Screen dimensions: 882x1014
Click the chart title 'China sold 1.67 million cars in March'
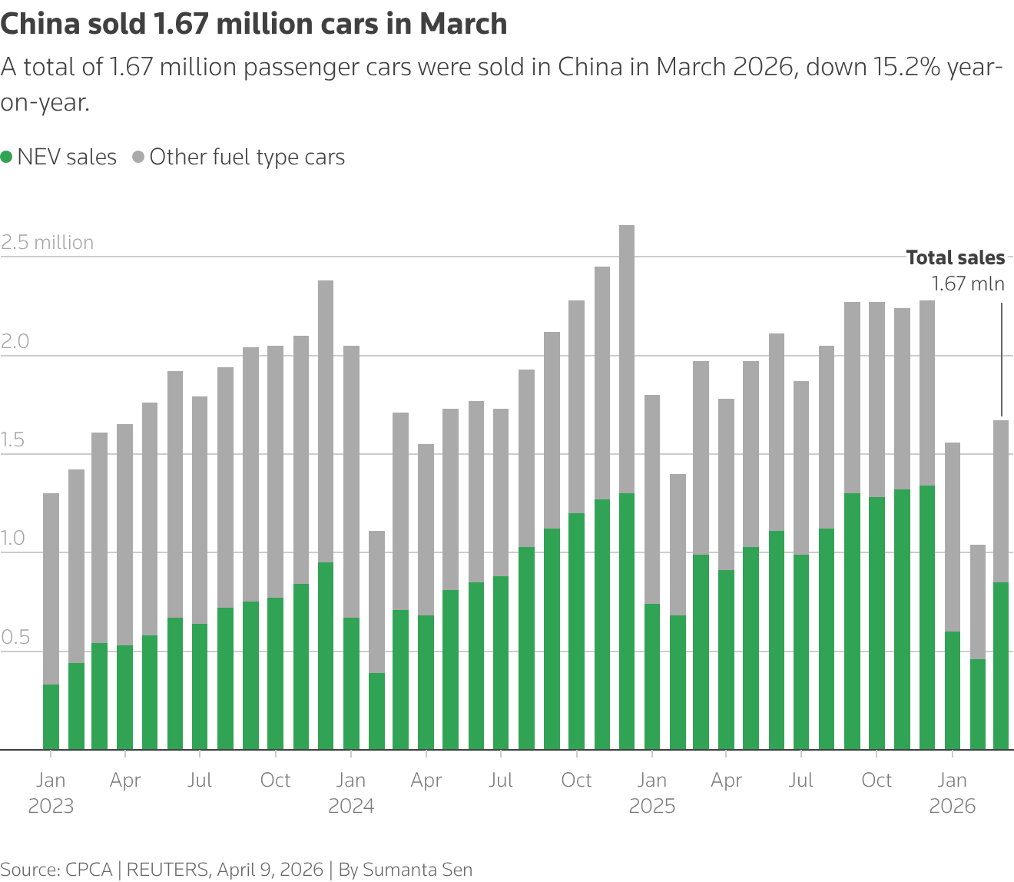253,25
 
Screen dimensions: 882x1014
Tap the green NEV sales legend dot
7,157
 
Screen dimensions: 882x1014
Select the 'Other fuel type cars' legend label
247,157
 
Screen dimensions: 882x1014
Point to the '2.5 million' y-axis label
48,242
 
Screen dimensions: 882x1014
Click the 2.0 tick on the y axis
15,341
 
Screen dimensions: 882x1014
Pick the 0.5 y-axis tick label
15,638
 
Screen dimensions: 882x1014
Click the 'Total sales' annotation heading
955,257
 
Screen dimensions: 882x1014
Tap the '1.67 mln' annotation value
967,283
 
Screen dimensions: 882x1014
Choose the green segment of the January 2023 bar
51,716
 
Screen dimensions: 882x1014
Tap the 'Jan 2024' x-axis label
351,793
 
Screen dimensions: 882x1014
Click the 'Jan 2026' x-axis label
953,793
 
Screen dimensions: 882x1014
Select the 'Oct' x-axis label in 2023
275,781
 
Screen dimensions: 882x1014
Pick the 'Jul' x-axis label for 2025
800,781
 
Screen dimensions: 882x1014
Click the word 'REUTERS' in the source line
167,869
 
